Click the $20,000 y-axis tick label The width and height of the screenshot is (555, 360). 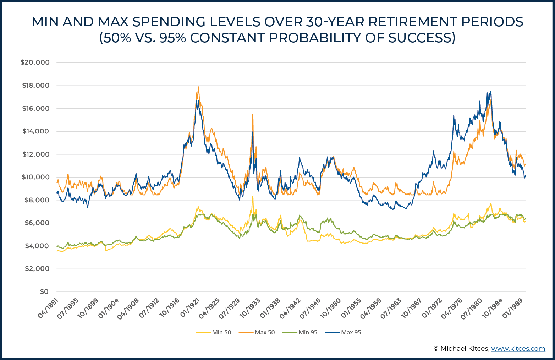click(35, 62)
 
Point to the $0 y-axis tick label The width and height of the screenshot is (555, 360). click(44, 292)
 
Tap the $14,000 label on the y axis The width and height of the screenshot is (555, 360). click(36, 131)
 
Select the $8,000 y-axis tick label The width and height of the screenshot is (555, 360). click(37, 200)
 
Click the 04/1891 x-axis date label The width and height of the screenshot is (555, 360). click(49, 308)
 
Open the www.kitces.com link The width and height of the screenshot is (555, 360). click(518, 349)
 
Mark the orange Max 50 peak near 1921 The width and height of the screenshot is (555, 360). click(198, 87)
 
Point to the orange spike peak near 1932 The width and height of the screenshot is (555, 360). click(252, 114)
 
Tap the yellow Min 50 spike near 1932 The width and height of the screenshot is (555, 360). click(253, 197)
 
